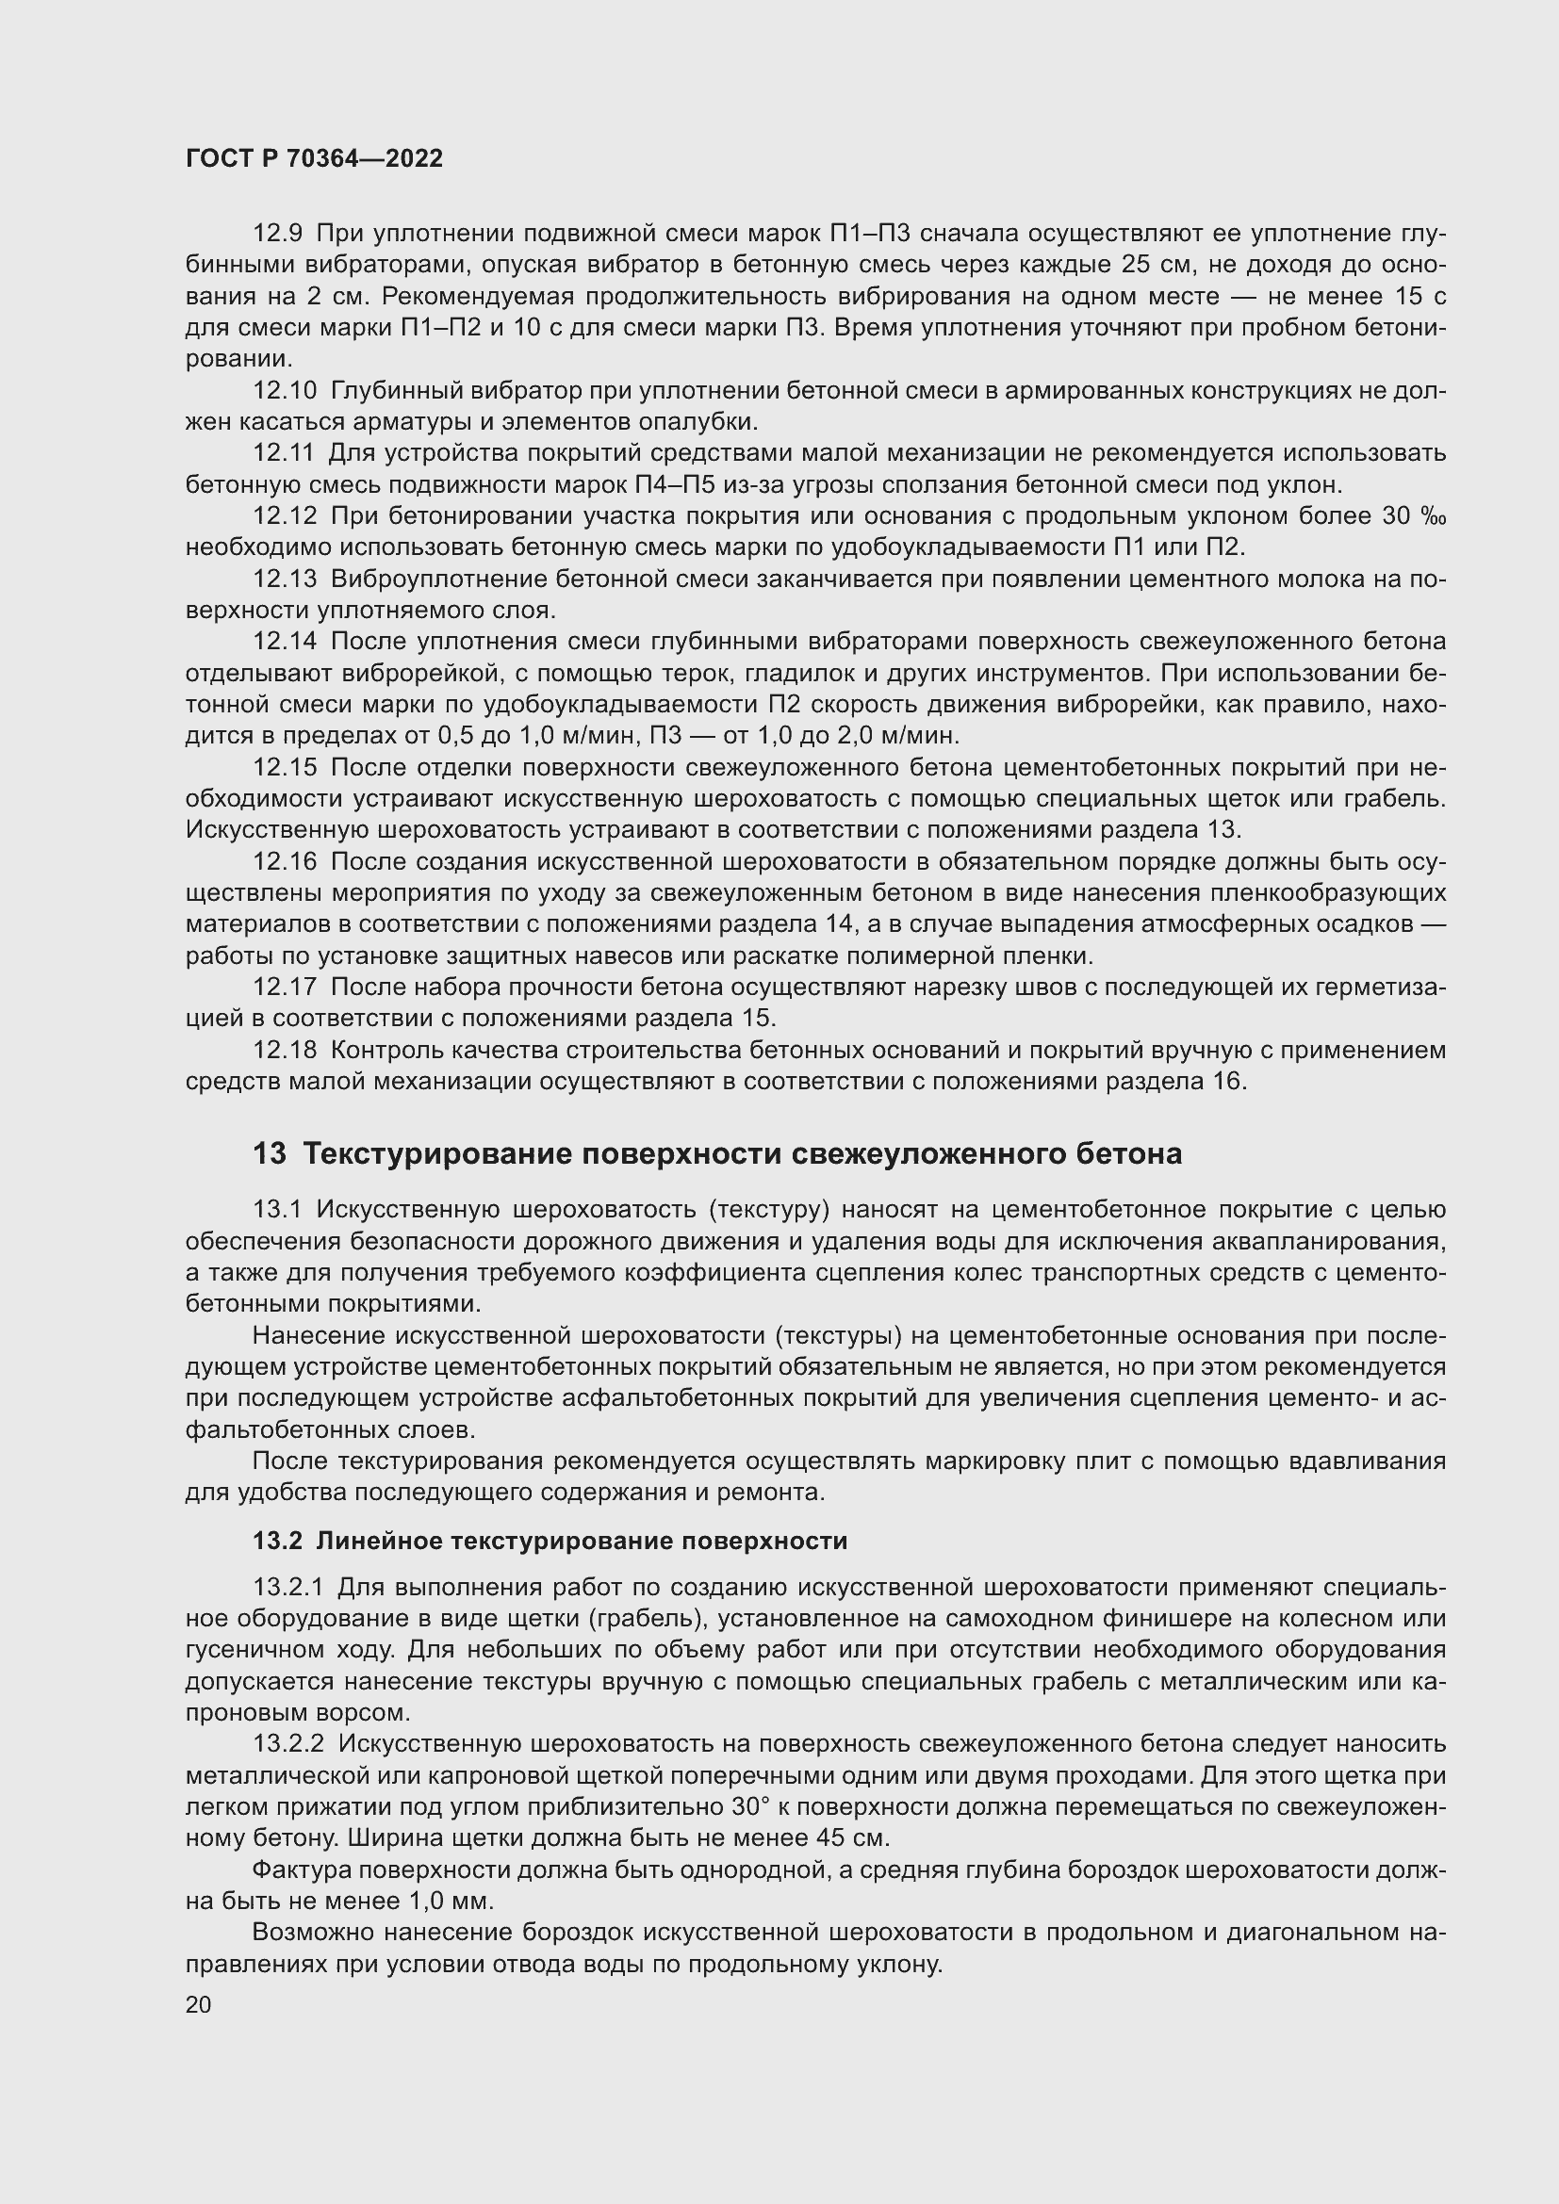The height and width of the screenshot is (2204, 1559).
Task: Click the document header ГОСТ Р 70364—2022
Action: tap(314, 159)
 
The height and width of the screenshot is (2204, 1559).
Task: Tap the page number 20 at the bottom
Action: tap(198, 2004)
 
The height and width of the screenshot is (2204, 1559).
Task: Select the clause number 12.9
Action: tap(277, 234)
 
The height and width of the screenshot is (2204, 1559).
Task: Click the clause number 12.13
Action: tap(284, 579)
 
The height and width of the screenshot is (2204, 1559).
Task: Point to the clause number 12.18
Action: tap(284, 1050)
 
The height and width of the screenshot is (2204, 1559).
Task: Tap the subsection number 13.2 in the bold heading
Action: tap(277, 1541)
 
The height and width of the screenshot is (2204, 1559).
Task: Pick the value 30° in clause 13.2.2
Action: tap(749, 1806)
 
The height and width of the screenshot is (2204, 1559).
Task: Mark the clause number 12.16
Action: tap(284, 862)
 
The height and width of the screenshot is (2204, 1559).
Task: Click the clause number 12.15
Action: tap(284, 768)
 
